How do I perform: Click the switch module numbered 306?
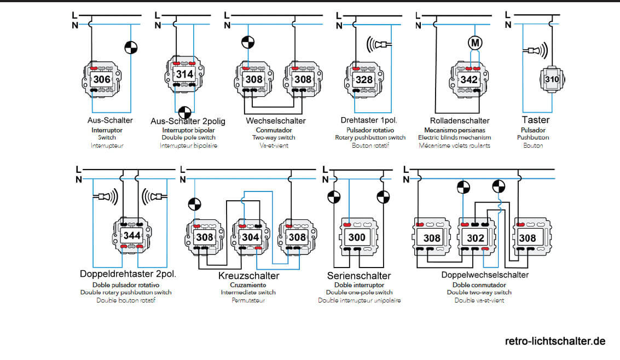[102, 80]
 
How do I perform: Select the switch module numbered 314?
[183, 74]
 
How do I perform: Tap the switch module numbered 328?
[364, 80]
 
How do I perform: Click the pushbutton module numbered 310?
[552, 80]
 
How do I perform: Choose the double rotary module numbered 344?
[132, 236]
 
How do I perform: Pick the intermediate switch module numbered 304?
[251, 237]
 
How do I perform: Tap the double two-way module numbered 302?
[475, 238]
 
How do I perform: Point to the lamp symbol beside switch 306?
[130, 48]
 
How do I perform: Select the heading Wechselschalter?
[276, 120]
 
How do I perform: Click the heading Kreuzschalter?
[248, 276]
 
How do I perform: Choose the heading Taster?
[535, 120]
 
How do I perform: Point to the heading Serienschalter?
[358, 276]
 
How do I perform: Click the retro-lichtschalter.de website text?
[555, 341]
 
